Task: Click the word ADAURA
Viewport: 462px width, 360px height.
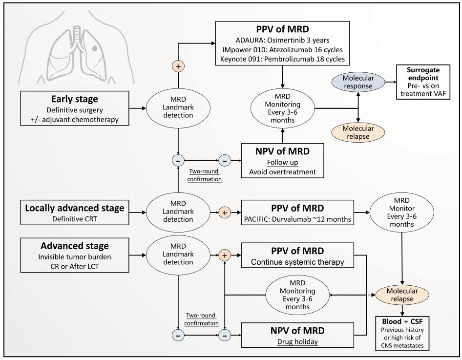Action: pyautogui.click(x=246, y=39)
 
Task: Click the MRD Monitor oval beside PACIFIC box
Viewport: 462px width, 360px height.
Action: pyautogui.click(x=401, y=212)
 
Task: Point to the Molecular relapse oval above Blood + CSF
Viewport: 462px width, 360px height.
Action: pyautogui.click(x=401, y=296)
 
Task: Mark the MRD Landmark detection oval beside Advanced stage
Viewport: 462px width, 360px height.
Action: pyautogui.click(x=177, y=254)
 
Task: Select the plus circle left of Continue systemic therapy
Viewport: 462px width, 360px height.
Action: pyautogui.click(x=225, y=254)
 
